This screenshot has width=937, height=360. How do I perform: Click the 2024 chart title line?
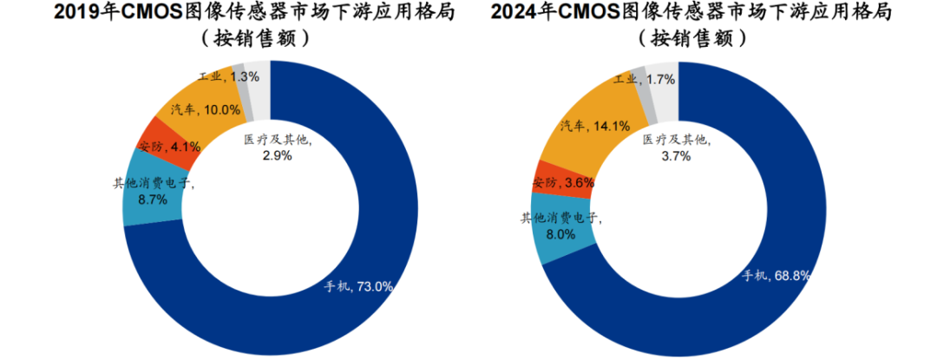point(691,14)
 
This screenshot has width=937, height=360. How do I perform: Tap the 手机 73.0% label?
point(358,285)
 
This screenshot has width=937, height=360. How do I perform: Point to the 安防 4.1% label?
point(169,147)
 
